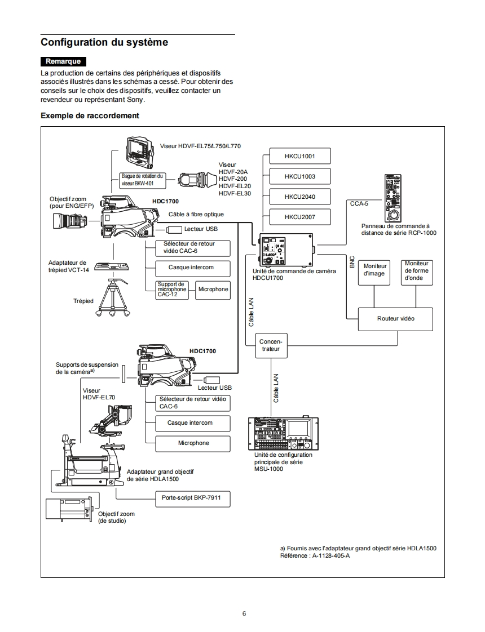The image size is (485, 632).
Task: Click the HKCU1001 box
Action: (299, 156)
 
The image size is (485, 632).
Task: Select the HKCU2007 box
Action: (299, 217)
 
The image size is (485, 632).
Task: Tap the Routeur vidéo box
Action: (395, 319)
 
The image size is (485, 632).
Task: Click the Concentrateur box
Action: (271, 345)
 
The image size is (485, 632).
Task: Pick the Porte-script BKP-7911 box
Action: (192, 499)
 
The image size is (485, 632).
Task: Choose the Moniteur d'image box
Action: (374, 270)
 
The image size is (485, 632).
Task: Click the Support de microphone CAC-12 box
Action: (171, 290)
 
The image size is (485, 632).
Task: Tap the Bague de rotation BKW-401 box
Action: (144, 180)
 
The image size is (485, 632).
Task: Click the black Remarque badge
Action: (63, 61)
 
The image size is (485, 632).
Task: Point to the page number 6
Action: (244, 613)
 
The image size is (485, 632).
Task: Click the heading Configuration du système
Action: (104, 42)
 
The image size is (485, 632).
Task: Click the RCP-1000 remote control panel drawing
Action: (394, 198)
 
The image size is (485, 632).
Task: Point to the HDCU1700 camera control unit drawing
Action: (286, 250)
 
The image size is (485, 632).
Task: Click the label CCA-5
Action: (359, 204)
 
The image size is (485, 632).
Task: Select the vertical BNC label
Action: (352, 262)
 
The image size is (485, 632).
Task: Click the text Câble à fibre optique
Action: (196, 215)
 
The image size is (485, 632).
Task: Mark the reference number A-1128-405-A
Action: (331, 556)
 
